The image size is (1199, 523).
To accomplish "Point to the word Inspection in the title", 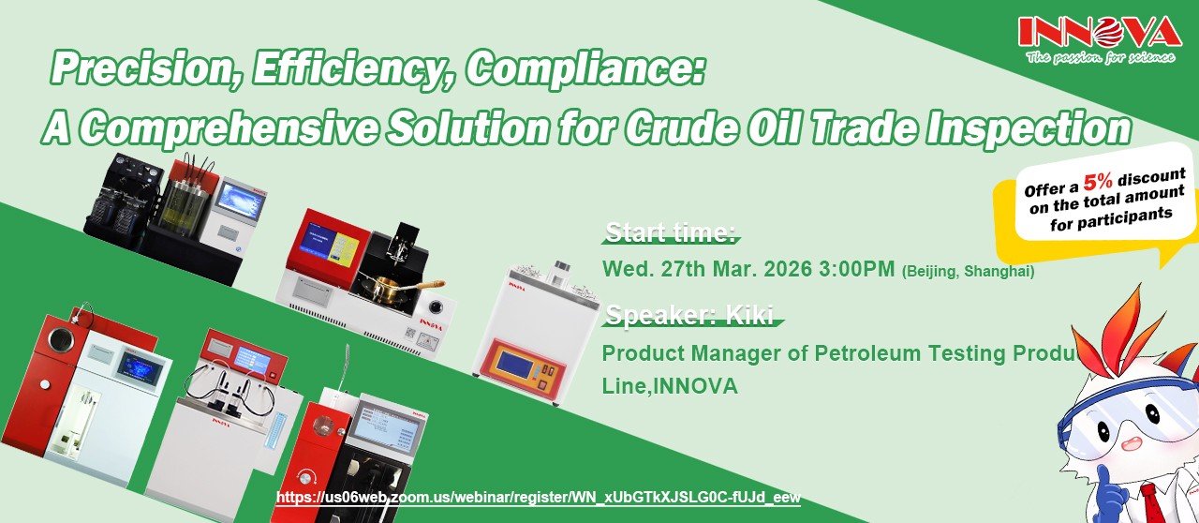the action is pos(1029,128).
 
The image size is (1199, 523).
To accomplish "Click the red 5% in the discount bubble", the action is pos(1097,182).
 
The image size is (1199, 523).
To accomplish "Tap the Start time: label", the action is pos(671,232).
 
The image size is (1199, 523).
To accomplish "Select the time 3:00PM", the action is pos(856,269).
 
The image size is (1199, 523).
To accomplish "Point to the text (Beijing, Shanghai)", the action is pos(969,272).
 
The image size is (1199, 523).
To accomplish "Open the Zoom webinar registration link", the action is pos(539,497).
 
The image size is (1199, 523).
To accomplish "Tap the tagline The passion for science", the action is pos(1100,57).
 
